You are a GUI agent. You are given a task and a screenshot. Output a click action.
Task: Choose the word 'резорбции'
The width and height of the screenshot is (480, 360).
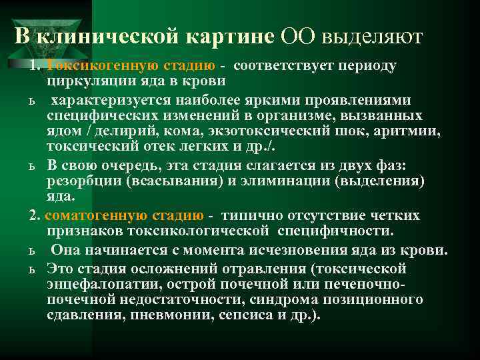[x=82, y=181]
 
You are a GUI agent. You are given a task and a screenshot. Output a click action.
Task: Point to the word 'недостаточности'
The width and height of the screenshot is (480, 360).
[x=151, y=300]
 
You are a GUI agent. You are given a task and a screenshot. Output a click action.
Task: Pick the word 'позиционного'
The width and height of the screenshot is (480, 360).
[x=374, y=300]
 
